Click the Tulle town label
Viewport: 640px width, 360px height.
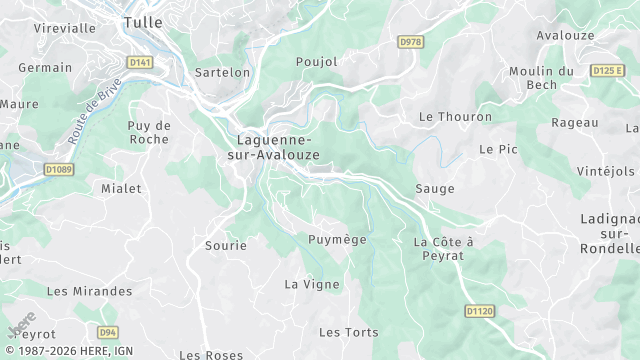pyautogui.click(x=144, y=21)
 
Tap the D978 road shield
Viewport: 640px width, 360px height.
pyautogui.click(x=410, y=42)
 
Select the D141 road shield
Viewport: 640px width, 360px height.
pyautogui.click(x=140, y=62)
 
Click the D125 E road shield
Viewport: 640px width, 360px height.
pyautogui.click(x=607, y=71)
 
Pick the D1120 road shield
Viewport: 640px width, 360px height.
pyautogui.click(x=480, y=312)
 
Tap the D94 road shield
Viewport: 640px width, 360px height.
pyautogui.click(x=108, y=331)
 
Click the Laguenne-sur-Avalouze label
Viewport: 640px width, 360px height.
pyautogui.click(x=275, y=147)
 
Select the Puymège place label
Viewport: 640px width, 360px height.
pyautogui.click(x=337, y=240)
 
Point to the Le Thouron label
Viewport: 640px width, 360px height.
pyautogui.click(x=455, y=117)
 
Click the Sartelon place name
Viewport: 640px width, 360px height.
pyautogui.click(x=222, y=73)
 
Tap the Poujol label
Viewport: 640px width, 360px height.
pyautogui.click(x=317, y=62)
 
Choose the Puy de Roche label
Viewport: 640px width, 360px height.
pyautogui.click(x=150, y=132)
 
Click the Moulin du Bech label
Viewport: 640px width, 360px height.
pyautogui.click(x=541, y=78)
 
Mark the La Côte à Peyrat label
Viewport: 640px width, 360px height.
pyautogui.click(x=443, y=249)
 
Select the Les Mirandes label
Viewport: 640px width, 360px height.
pyautogui.click(x=89, y=291)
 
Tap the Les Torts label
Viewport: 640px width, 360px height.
pyautogui.click(x=342, y=331)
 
